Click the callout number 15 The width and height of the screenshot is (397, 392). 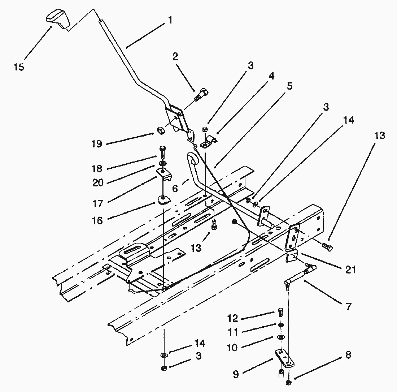(19, 67)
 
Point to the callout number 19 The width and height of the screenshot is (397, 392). (97, 144)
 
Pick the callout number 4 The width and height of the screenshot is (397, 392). (271, 76)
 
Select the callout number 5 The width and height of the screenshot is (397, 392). (290, 86)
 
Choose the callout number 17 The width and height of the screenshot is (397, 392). (97, 204)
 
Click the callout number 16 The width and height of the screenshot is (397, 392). (97, 221)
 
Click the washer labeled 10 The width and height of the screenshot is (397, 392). (280, 337)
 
